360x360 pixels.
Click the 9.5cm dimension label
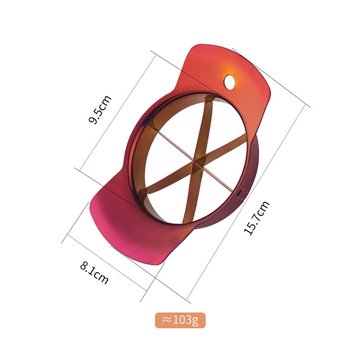(100, 109)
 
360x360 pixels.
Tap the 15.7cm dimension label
(256, 218)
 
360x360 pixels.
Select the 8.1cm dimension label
(94, 273)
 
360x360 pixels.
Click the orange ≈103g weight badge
(180, 320)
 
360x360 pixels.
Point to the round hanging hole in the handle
(229, 81)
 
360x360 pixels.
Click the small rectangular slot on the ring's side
(240, 194)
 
